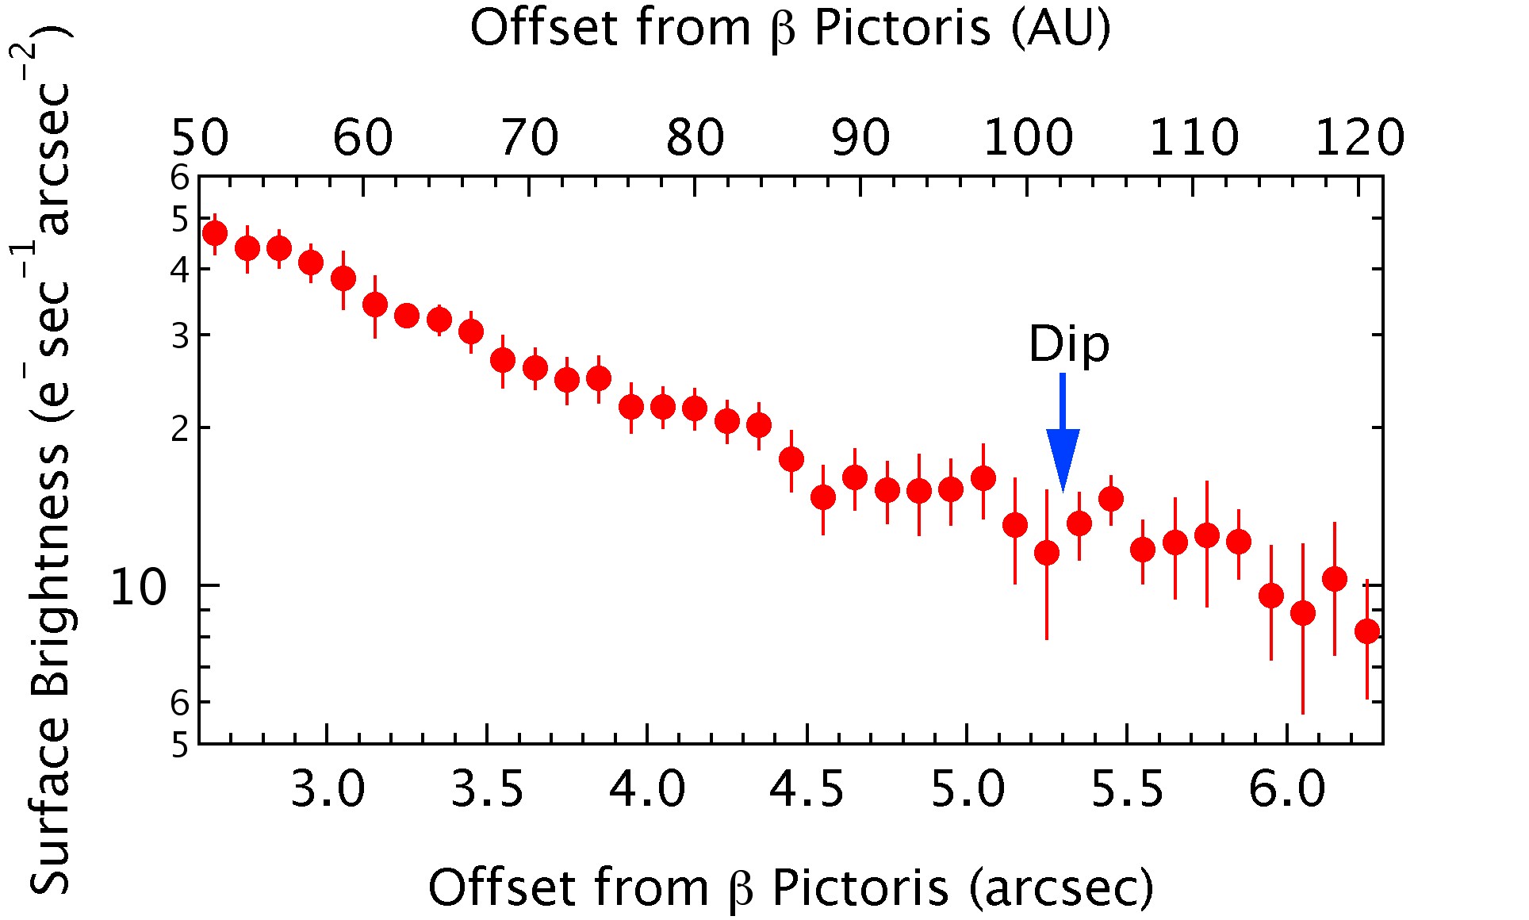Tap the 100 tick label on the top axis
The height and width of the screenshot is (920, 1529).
(x=1028, y=138)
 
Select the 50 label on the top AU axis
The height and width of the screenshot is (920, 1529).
(x=200, y=138)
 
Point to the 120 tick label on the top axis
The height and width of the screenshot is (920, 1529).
(x=1359, y=138)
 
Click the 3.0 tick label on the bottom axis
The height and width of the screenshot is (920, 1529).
(x=328, y=790)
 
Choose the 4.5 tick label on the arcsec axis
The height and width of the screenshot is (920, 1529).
(x=807, y=790)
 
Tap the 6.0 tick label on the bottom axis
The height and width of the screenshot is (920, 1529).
(x=1286, y=790)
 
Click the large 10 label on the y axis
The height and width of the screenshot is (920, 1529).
(x=138, y=588)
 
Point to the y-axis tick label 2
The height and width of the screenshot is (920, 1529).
(x=181, y=429)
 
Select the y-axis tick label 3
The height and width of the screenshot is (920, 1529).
(x=181, y=336)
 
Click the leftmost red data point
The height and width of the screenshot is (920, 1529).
(x=215, y=233)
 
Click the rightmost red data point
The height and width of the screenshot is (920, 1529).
(x=1367, y=631)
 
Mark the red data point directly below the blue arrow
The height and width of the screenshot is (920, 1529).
(x=1047, y=553)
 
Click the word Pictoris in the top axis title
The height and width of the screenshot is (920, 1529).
(x=902, y=29)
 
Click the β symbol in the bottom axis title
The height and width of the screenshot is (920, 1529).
(x=741, y=890)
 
